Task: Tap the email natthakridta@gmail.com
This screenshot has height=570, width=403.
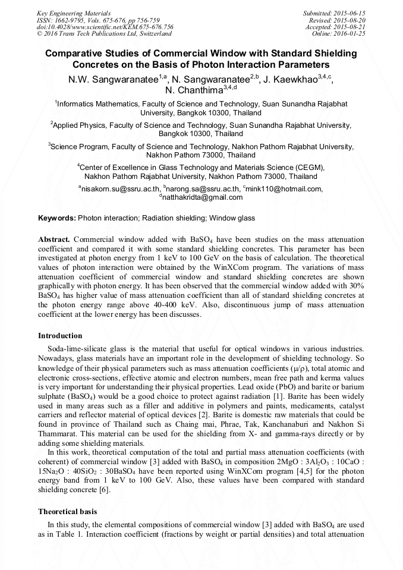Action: point(203,197)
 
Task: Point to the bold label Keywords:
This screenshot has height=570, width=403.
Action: point(57,219)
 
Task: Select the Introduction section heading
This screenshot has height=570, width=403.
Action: point(60,336)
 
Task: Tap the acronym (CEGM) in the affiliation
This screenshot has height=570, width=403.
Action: point(305,168)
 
